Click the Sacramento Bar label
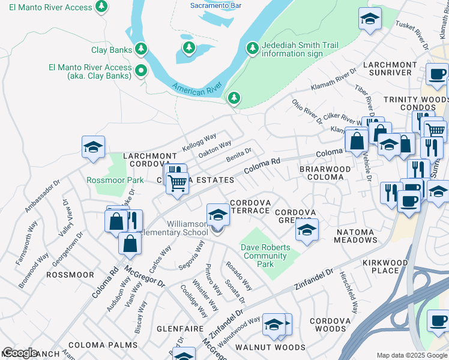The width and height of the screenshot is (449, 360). [215, 5]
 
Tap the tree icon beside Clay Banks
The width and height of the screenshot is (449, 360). [141, 48]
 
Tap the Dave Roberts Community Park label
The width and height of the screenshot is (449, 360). [266, 256]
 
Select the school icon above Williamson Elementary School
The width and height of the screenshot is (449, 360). [218, 214]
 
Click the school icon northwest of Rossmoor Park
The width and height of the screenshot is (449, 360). [94, 147]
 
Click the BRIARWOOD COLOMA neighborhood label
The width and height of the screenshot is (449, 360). [325, 173]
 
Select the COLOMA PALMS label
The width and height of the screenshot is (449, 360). [103, 346]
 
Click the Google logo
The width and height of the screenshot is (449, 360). [20, 353]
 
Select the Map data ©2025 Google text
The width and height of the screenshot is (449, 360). [411, 355]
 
